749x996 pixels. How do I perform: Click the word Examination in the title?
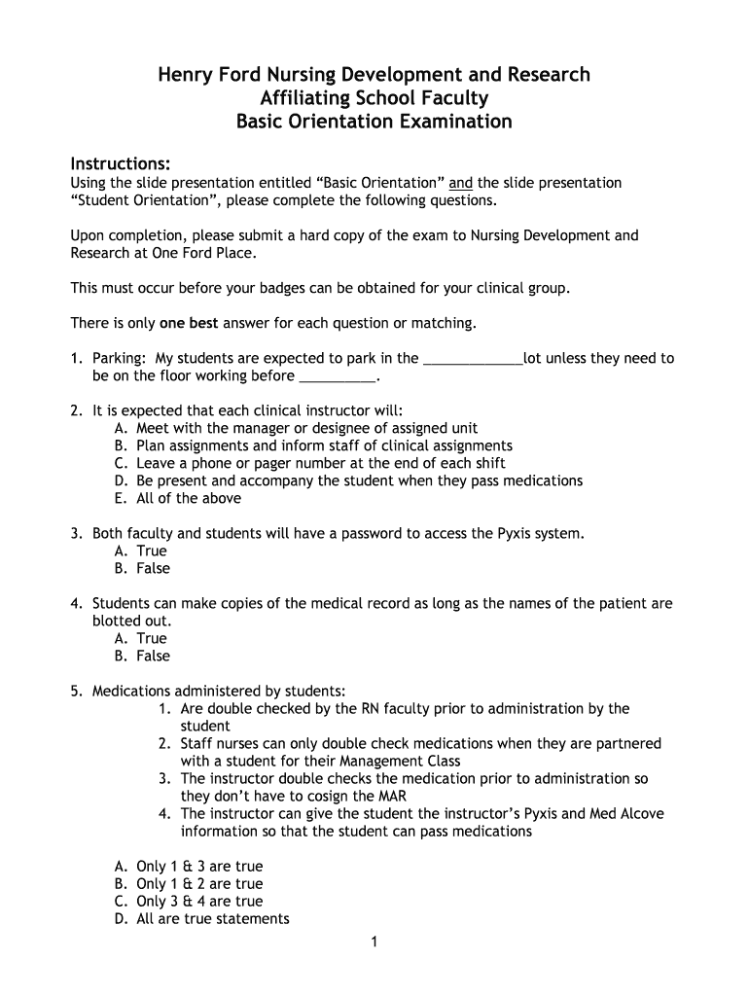point(456,122)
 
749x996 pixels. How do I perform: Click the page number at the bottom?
point(374,942)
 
